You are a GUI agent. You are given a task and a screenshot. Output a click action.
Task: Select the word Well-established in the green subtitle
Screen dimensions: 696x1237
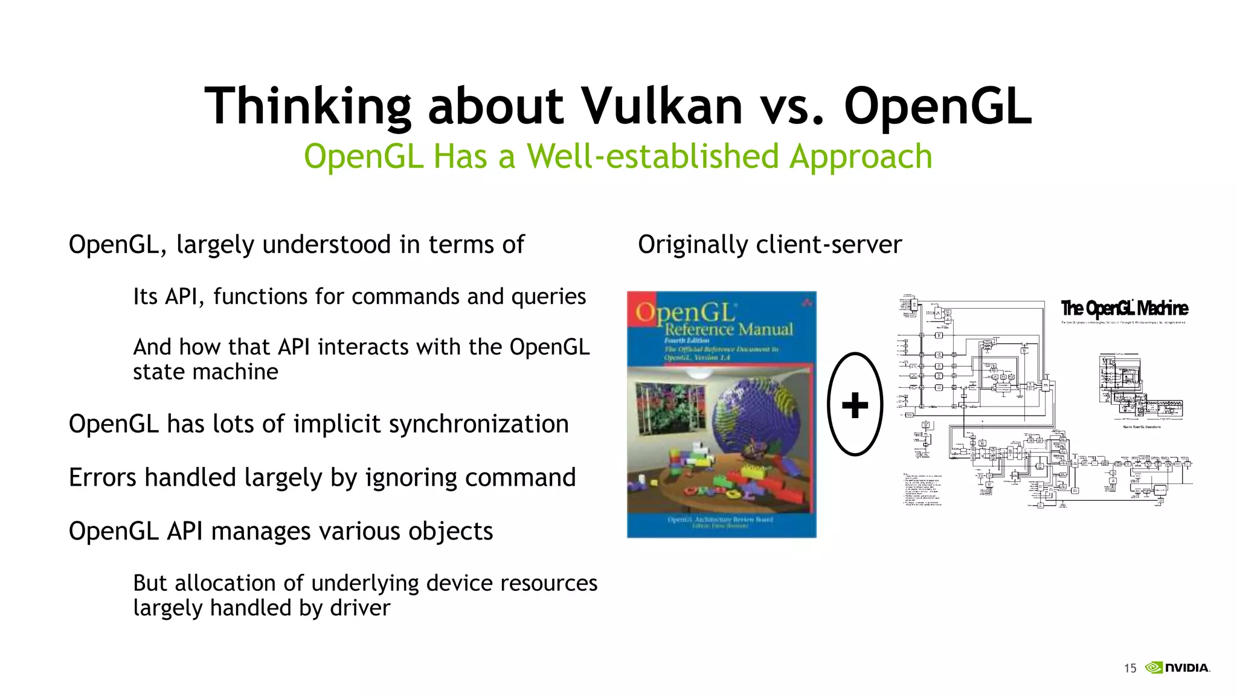click(654, 156)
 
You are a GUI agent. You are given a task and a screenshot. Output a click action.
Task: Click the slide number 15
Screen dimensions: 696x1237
click(1129, 668)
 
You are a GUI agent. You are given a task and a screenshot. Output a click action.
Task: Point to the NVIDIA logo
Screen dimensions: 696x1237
click(1178, 668)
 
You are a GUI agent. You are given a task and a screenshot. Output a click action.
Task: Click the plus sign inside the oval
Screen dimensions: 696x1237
click(855, 405)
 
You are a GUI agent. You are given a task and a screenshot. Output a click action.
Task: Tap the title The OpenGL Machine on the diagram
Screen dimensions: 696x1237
click(1124, 309)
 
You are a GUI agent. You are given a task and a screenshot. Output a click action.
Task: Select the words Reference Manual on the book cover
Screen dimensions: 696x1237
click(728, 330)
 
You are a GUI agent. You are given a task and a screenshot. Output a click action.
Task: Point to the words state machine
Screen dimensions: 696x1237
click(205, 372)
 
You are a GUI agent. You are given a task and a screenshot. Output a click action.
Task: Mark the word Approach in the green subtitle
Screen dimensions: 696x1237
click(861, 156)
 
